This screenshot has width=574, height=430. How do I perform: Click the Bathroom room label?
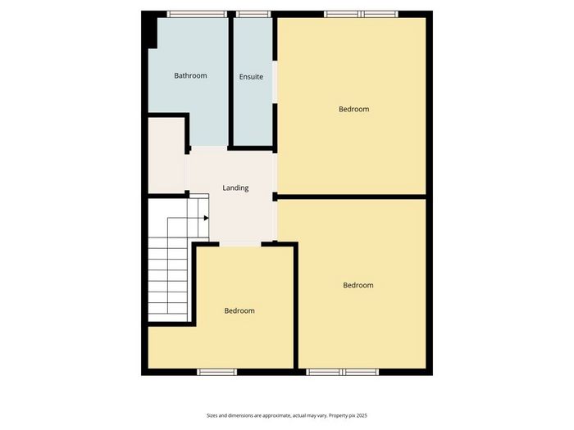coord(190,75)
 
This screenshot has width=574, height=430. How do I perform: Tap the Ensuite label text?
coord(251,77)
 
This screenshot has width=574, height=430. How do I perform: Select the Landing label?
coord(235,188)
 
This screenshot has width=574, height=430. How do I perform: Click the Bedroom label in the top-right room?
coord(353,109)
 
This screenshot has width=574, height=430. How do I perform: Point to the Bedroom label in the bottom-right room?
coord(358,285)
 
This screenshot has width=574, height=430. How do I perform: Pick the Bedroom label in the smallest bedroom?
coord(239,310)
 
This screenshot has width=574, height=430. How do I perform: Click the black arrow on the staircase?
coord(206,219)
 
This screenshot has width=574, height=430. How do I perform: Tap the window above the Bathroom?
coord(197,14)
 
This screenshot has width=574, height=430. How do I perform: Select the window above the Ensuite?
coord(253,14)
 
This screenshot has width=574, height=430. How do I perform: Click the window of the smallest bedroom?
coord(217,372)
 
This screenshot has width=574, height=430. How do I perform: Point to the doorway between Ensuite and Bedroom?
coord(275,82)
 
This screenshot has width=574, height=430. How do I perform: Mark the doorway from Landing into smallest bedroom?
coord(240,244)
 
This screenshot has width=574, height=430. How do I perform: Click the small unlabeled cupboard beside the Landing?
coord(166,155)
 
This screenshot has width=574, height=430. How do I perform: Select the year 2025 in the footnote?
coord(362,416)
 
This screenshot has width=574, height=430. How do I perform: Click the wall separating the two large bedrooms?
coord(352,197)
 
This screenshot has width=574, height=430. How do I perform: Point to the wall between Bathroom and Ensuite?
coord(231,80)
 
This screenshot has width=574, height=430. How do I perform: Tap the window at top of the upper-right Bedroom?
coord(361,14)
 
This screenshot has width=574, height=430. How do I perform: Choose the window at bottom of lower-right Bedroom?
coord(343,372)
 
